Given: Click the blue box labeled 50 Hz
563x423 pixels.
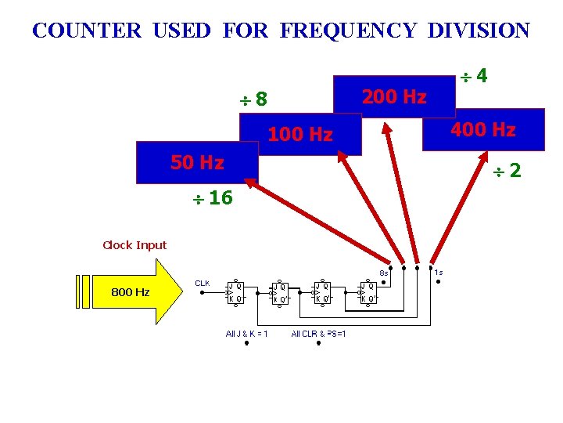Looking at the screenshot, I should pyautogui.click(x=197, y=162).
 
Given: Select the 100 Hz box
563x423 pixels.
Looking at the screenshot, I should pyautogui.click(x=300, y=135).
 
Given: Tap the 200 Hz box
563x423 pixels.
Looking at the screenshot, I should pyautogui.click(x=393, y=97).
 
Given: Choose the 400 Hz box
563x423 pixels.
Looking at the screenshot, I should pyautogui.click(x=482, y=128).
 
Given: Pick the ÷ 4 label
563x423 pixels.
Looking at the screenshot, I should pyautogui.click(x=474, y=76).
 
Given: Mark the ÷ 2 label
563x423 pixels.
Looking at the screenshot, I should pyautogui.click(x=506, y=171).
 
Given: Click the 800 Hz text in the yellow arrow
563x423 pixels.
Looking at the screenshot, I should pyautogui.click(x=131, y=292).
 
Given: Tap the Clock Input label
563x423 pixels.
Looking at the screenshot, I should pyautogui.click(x=134, y=245).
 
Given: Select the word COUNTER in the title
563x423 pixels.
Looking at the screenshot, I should pyautogui.click(x=87, y=31).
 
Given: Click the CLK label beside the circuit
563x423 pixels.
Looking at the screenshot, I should pyautogui.click(x=202, y=283).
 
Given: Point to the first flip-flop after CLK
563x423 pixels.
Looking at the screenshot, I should pyautogui.click(x=235, y=292).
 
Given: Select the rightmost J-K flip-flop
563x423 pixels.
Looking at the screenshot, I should pyautogui.click(x=368, y=292).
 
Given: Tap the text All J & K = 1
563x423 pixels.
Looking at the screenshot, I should pyautogui.click(x=247, y=334).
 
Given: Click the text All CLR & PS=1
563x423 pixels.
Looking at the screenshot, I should pyautogui.click(x=319, y=334).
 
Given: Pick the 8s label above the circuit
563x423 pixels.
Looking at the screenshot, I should pyautogui.click(x=384, y=273).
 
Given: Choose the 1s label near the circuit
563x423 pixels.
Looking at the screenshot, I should pyautogui.click(x=439, y=273).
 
